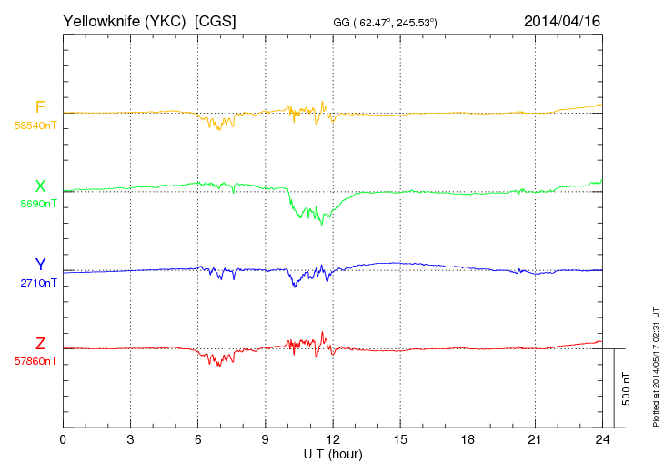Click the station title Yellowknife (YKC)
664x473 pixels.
[x=126, y=20]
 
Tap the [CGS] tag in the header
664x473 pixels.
[x=216, y=20]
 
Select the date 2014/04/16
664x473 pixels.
[x=562, y=20]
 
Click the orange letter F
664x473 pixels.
[x=40, y=107]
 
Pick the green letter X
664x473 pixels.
[x=40, y=186]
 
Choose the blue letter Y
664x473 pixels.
[x=40, y=265]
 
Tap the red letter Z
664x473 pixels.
[x=40, y=344]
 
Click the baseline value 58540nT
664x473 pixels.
[x=35, y=126]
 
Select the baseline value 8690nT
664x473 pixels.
[x=37, y=205]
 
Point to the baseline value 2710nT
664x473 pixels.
[x=37, y=283]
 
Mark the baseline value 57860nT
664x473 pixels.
[x=35, y=361]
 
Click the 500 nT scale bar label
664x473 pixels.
[x=626, y=388]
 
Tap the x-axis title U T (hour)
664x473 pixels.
[x=333, y=453]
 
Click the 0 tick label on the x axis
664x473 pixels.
[x=63, y=439]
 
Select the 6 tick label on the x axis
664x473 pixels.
[x=197, y=439]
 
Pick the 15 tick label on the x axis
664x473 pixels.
[x=400, y=439]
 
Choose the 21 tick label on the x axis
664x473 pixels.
[x=535, y=439]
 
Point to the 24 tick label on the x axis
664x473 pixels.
[x=602, y=439]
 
